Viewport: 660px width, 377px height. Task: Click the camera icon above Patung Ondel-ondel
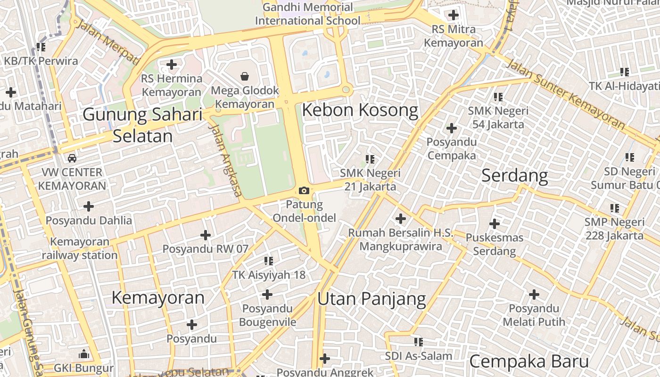pyautogui.click(x=304, y=190)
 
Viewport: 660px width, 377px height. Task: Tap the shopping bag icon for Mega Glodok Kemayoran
pyautogui.click(x=245, y=76)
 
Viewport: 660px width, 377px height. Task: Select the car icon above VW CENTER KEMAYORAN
pyautogui.click(x=72, y=158)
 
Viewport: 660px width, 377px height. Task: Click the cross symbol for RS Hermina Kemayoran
pyautogui.click(x=172, y=64)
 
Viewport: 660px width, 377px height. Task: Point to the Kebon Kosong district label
pyautogui.click(x=360, y=110)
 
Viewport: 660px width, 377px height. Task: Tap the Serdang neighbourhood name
pyautogui.click(x=514, y=176)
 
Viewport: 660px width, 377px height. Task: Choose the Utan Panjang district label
pyautogui.click(x=371, y=299)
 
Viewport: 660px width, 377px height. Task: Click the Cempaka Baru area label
pyautogui.click(x=529, y=361)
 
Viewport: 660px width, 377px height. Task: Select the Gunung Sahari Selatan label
pyautogui.click(x=142, y=125)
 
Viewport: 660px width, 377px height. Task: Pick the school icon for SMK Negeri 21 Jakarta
pyautogui.click(x=370, y=159)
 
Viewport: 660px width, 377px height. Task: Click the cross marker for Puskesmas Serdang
pyautogui.click(x=495, y=223)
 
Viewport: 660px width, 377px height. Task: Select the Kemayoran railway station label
pyautogui.click(x=80, y=248)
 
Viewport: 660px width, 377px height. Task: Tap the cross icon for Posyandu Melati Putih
pyautogui.click(x=534, y=295)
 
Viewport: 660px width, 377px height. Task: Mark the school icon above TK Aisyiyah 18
pyautogui.click(x=269, y=261)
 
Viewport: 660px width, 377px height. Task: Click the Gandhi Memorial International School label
pyautogui.click(x=307, y=14)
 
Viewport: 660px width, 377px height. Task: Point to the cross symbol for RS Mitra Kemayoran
pyautogui.click(x=454, y=15)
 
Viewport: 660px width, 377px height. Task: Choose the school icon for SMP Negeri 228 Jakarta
pyautogui.click(x=615, y=208)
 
